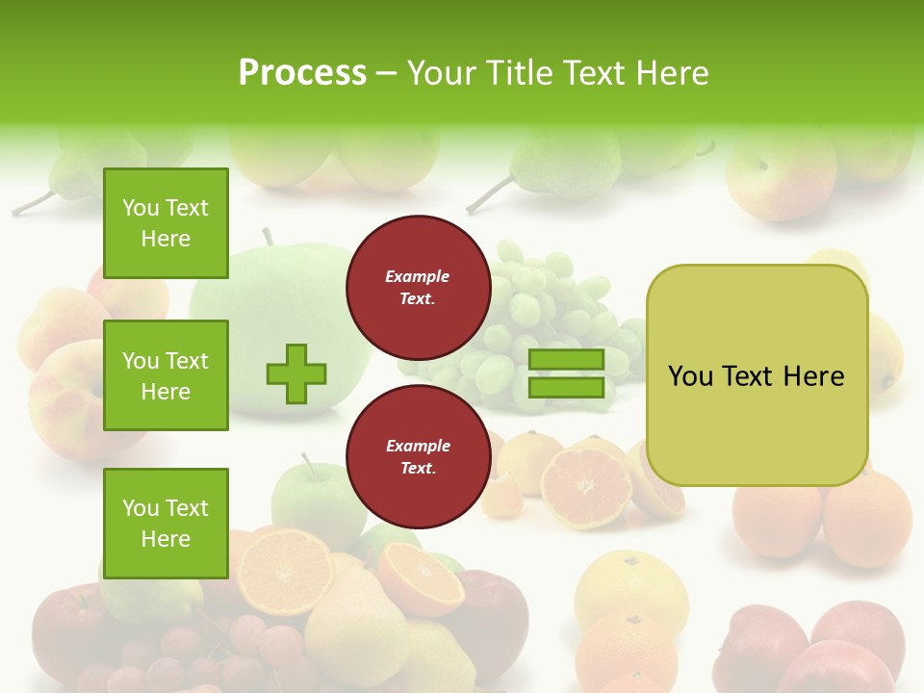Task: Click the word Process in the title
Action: coord(302,73)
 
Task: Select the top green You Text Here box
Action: coord(166,223)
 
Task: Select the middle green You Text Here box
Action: coord(166,375)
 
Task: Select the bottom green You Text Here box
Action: coord(166,524)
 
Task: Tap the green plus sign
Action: coord(296,373)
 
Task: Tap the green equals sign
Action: coord(566,373)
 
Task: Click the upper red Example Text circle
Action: coord(418,288)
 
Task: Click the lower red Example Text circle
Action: coord(418,457)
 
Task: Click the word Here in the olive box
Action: coord(813,376)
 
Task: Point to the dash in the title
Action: coord(386,73)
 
